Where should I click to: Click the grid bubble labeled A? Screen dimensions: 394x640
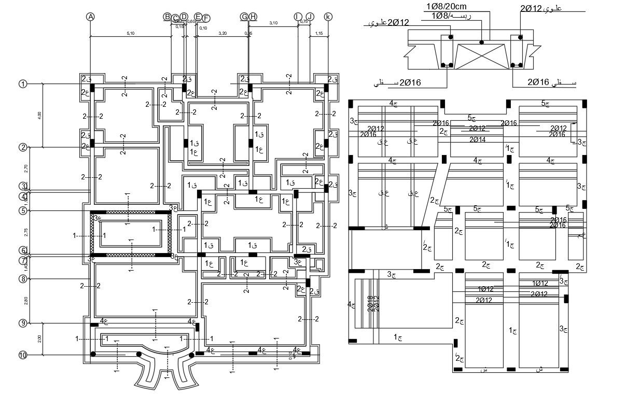(x=90, y=17)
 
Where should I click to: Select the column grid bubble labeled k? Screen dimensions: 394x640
(x=328, y=17)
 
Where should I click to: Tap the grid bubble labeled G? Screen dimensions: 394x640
(x=244, y=17)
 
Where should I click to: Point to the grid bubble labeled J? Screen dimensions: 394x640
(x=310, y=17)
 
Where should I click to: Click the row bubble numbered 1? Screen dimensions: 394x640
(x=23, y=84)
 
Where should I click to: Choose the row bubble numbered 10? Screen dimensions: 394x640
(x=23, y=355)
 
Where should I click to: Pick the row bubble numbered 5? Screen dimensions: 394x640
(x=23, y=210)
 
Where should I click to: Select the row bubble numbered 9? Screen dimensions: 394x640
(x=23, y=323)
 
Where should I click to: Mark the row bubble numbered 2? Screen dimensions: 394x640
(x=23, y=147)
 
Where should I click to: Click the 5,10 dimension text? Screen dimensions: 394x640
(x=131, y=33)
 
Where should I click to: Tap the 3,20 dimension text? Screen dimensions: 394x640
(x=222, y=33)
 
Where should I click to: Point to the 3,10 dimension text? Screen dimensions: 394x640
(x=273, y=23)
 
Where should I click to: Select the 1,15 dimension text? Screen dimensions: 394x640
(x=319, y=33)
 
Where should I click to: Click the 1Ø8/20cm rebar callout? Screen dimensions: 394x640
(x=447, y=6)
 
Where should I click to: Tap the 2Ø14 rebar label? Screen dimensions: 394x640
(x=477, y=139)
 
